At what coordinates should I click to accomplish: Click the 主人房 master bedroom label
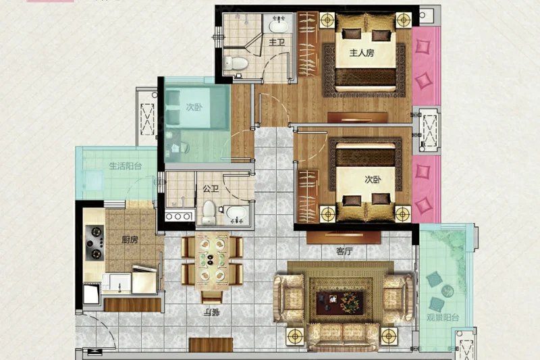click(362, 53)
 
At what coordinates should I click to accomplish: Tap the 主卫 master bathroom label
click(277, 43)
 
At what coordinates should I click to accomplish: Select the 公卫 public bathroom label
click(211, 188)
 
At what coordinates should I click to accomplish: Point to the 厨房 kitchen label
click(130, 240)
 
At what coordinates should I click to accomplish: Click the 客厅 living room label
click(344, 251)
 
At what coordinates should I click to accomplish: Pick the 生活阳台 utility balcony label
click(126, 166)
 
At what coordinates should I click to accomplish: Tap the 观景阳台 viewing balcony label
click(443, 317)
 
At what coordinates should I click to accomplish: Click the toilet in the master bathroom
click(236, 63)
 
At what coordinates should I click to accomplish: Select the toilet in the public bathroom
click(209, 212)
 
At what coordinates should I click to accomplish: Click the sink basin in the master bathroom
click(278, 25)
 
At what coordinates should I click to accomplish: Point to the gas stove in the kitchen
click(94, 243)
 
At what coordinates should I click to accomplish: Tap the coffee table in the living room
click(340, 303)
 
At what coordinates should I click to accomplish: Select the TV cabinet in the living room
click(344, 237)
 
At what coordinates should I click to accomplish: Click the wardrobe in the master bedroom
click(308, 44)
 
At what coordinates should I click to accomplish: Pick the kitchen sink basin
click(116, 282)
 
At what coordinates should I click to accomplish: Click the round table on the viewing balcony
click(448, 291)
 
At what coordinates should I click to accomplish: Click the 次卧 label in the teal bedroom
click(194, 107)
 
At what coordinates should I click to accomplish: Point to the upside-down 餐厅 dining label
click(211, 313)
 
